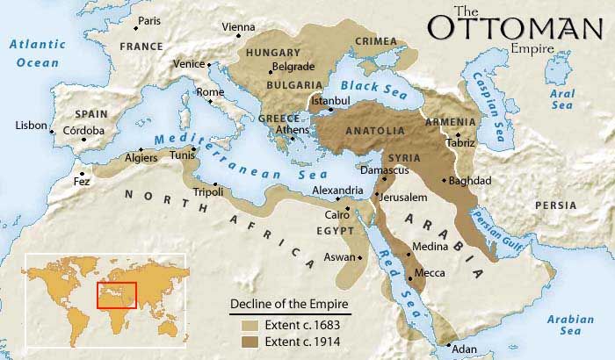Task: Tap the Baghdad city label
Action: coord(469,181)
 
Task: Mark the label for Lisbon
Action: coord(30,126)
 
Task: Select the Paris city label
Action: coord(149,20)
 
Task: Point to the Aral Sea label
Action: coord(562,98)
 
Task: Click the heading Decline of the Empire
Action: coord(290,305)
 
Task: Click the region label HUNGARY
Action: coord(273,53)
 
